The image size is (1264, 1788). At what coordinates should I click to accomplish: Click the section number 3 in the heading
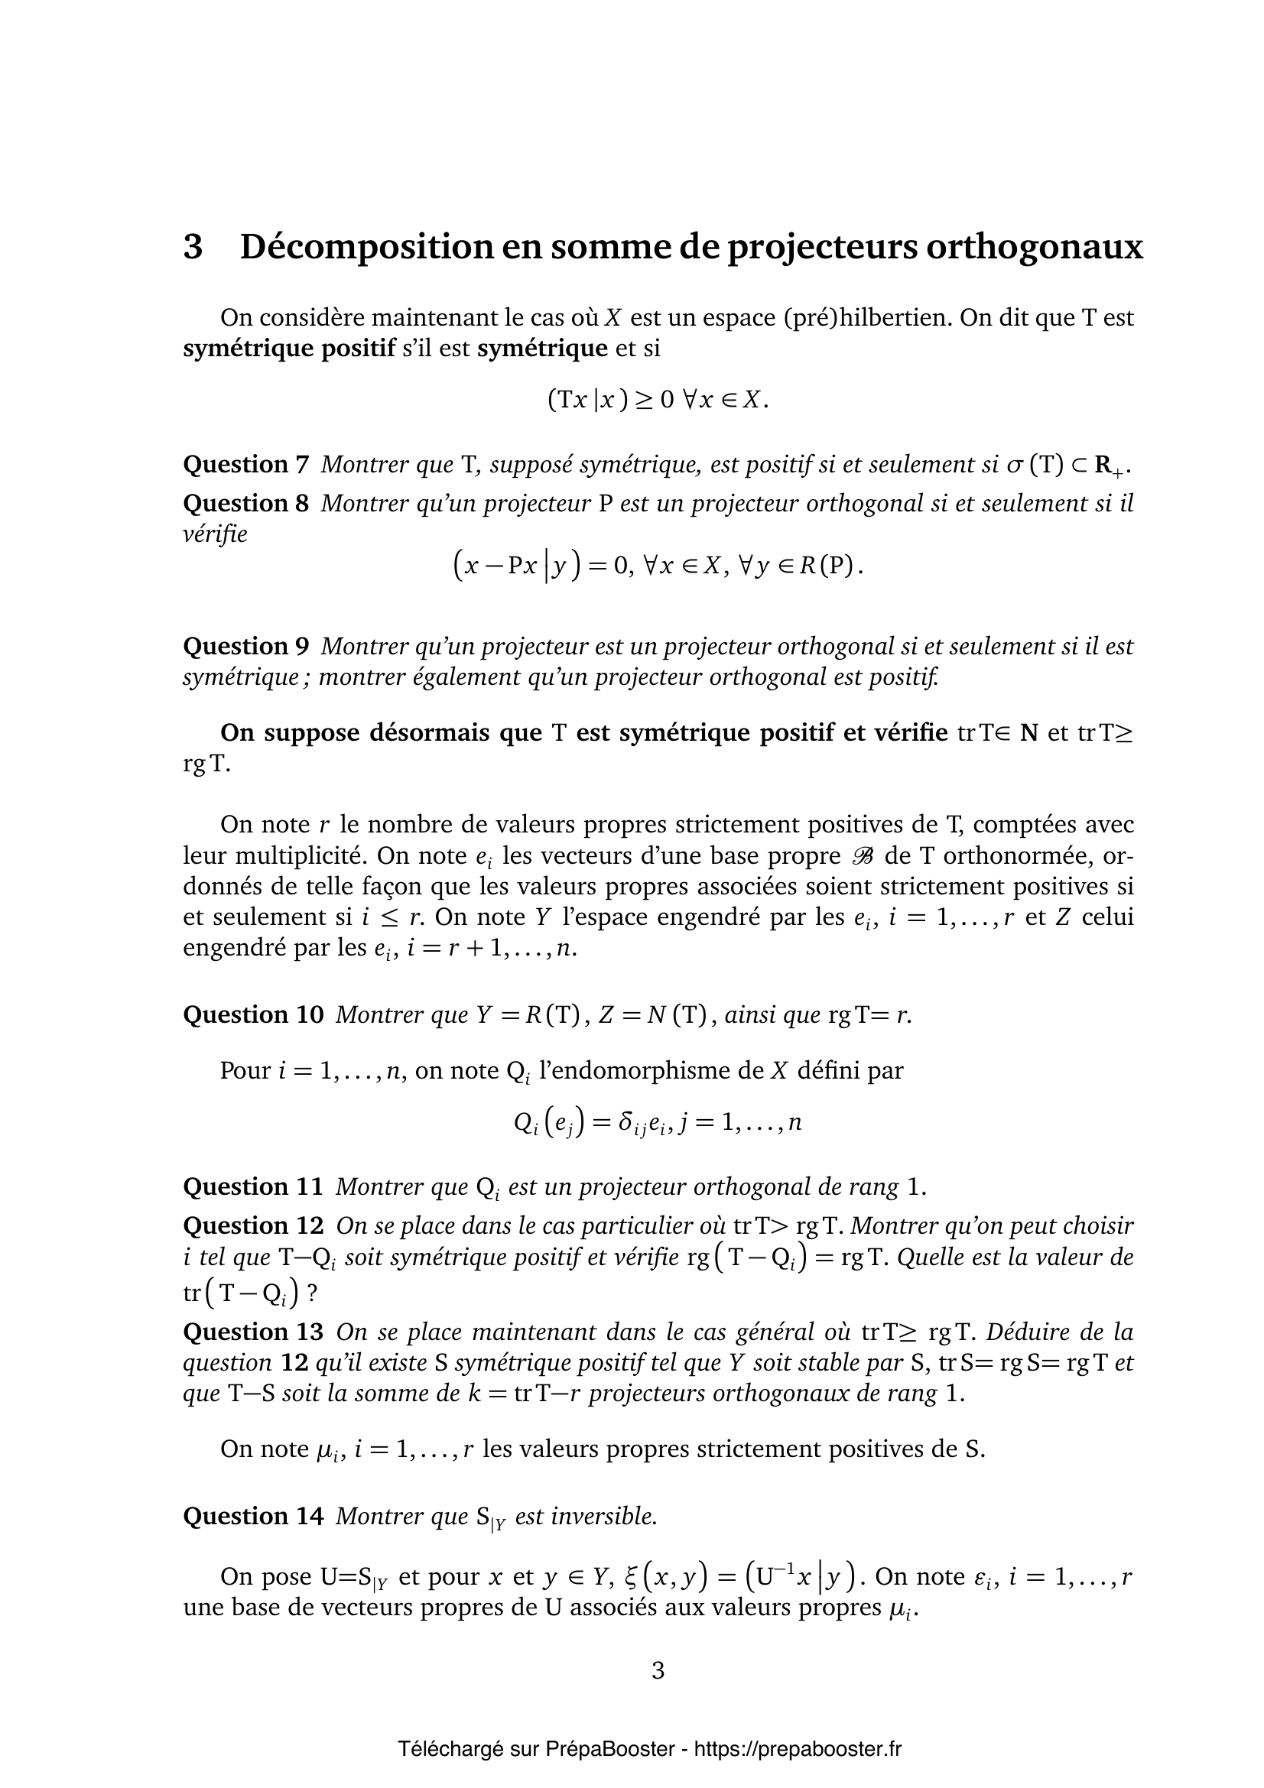(x=193, y=248)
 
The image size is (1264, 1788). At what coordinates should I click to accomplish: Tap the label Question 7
(x=245, y=465)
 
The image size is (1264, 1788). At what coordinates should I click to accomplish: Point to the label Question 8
(x=245, y=504)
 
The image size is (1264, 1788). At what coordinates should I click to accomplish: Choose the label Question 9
(x=245, y=647)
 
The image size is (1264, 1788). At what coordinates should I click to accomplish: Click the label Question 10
(x=252, y=1014)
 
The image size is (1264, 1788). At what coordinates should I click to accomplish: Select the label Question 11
(x=252, y=1187)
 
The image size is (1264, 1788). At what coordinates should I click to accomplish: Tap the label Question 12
(x=252, y=1225)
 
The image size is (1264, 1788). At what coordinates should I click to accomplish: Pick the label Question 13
(x=252, y=1332)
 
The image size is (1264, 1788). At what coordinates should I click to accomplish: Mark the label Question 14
(x=252, y=1516)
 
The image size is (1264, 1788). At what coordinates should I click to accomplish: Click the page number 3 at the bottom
(x=658, y=1671)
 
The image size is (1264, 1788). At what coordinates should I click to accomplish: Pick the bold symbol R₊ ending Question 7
(x=1110, y=466)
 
